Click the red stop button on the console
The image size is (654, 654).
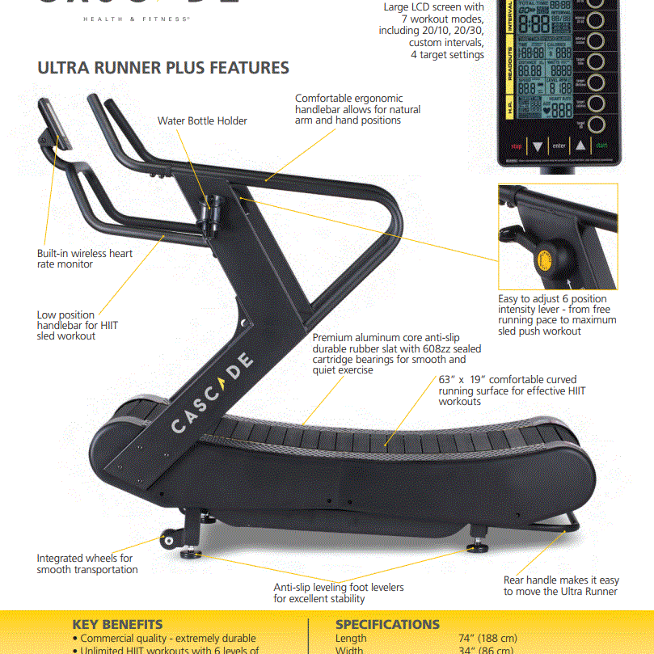pos(517,146)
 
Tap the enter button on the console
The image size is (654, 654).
pos(559,146)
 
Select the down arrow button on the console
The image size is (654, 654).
pos(538,146)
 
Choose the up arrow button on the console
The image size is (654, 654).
pos(580,146)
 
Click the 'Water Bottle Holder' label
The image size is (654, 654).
pos(202,121)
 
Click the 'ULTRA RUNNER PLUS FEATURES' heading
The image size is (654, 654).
pos(163,68)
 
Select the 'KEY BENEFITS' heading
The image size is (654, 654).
pos(117,624)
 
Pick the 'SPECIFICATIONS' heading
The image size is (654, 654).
pos(387,624)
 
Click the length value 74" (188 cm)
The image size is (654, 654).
pos(487,639)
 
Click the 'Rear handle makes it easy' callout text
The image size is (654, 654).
pos(561,580)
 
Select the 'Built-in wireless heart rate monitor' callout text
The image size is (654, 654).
pos(85,259)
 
